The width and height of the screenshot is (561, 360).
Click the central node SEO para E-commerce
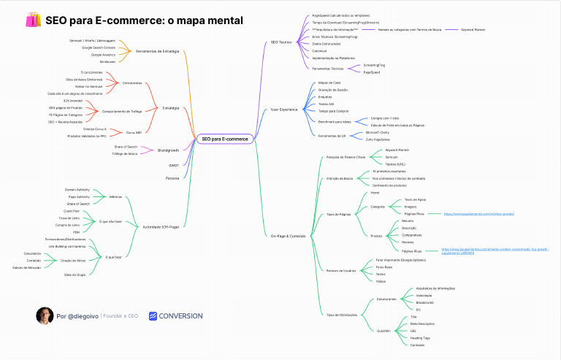coord(225,139)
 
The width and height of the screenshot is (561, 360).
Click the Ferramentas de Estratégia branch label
coord(157,51)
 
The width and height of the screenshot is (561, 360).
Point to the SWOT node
coord(173,165)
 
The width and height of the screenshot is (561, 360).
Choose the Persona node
coord(172,177)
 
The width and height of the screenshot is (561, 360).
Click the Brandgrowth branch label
coord(168,150)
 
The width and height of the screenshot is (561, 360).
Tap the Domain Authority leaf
coord(77,189)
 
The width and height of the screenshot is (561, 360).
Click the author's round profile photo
coord(45,315)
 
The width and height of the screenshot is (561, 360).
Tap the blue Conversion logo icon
coord(153,316)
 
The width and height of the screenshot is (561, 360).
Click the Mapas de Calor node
coord(329,83)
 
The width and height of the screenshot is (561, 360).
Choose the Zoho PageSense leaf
coord(378,139)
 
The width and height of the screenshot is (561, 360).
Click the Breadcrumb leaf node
coord(424,302)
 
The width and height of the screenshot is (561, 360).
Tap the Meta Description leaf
coord(422,323)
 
